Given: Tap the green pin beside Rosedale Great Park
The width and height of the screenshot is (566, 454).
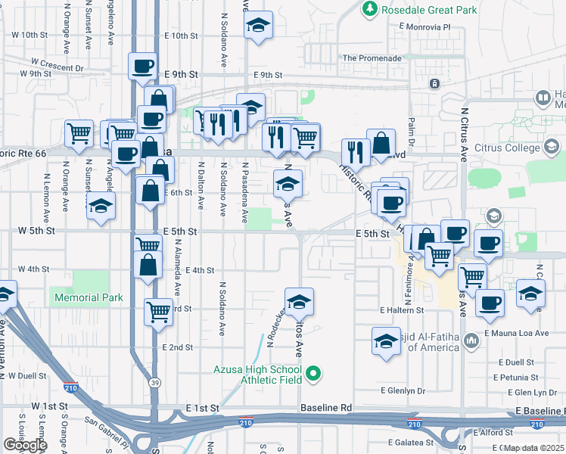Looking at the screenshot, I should pyautogui.click(x=369, y=9).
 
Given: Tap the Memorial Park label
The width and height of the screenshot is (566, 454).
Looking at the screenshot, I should pyautogui.click(x=89, y=297).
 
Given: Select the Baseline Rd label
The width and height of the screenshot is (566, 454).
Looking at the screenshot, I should pyautogui.click(x=326, y=408).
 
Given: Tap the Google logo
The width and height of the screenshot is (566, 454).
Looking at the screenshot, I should pyautogui.click(x=24, y=444).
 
